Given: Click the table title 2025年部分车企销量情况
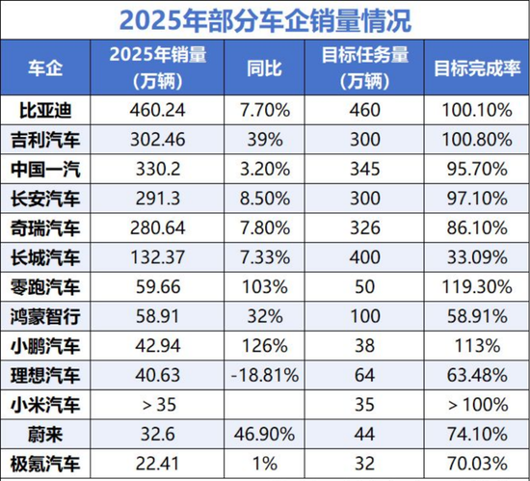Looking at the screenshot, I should pyautogui.click(x=264, y=19).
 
